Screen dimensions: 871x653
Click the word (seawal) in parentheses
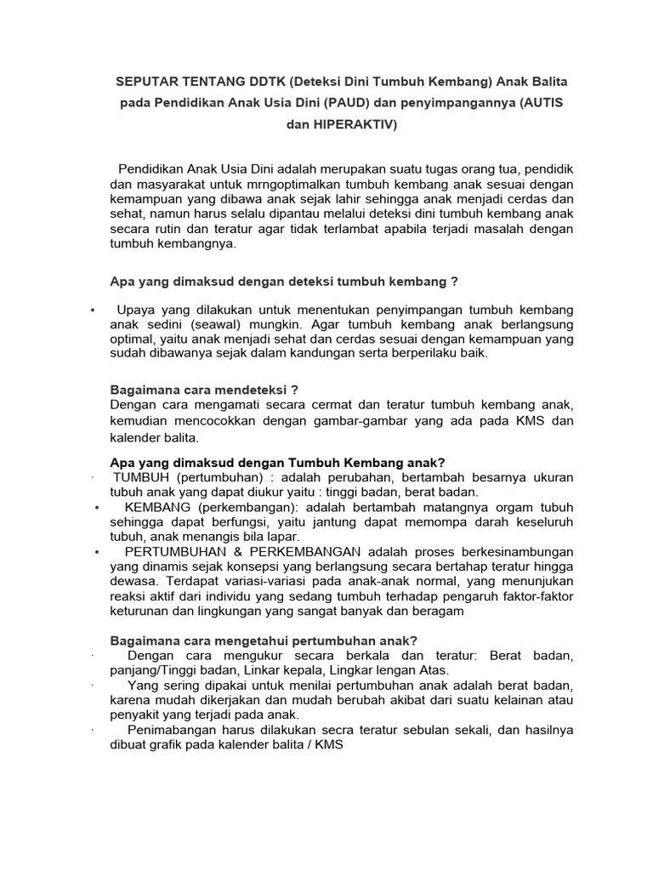(x=224, y=325)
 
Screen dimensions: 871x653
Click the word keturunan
(x=144, y=612)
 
